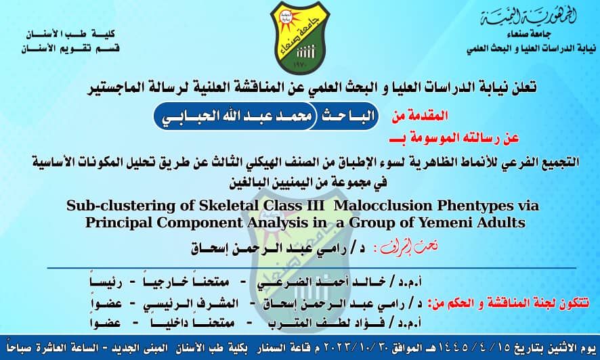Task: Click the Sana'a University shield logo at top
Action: (299, 37)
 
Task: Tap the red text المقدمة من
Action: (420, 116)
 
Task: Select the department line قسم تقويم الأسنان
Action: (71, 49)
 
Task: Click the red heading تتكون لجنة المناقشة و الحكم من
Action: (509, 304)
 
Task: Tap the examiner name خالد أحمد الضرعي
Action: (322, 282)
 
